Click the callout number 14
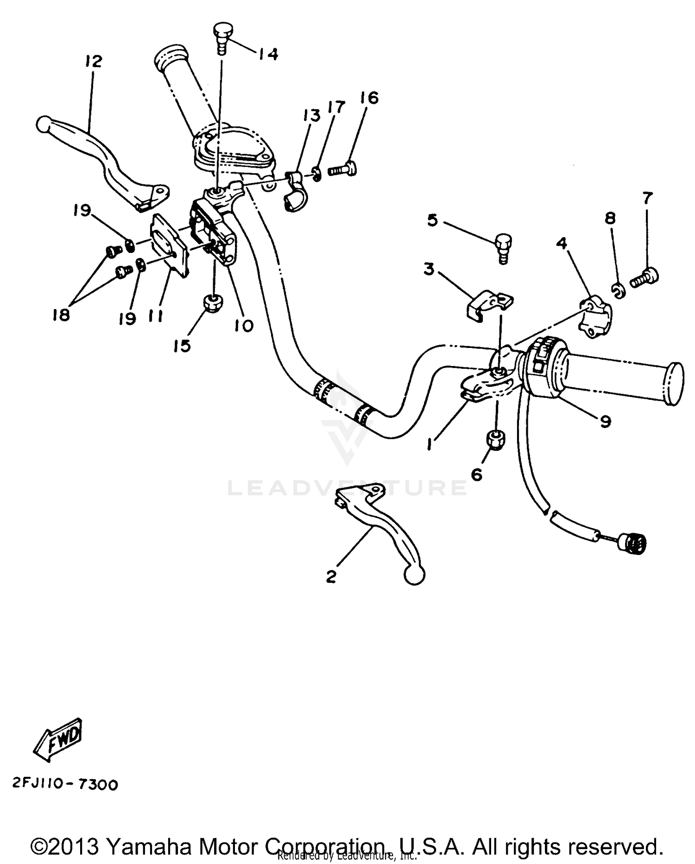point(267,54)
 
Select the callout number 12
point(94,61)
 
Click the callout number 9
point(605,421)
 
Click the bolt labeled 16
point(343,170)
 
